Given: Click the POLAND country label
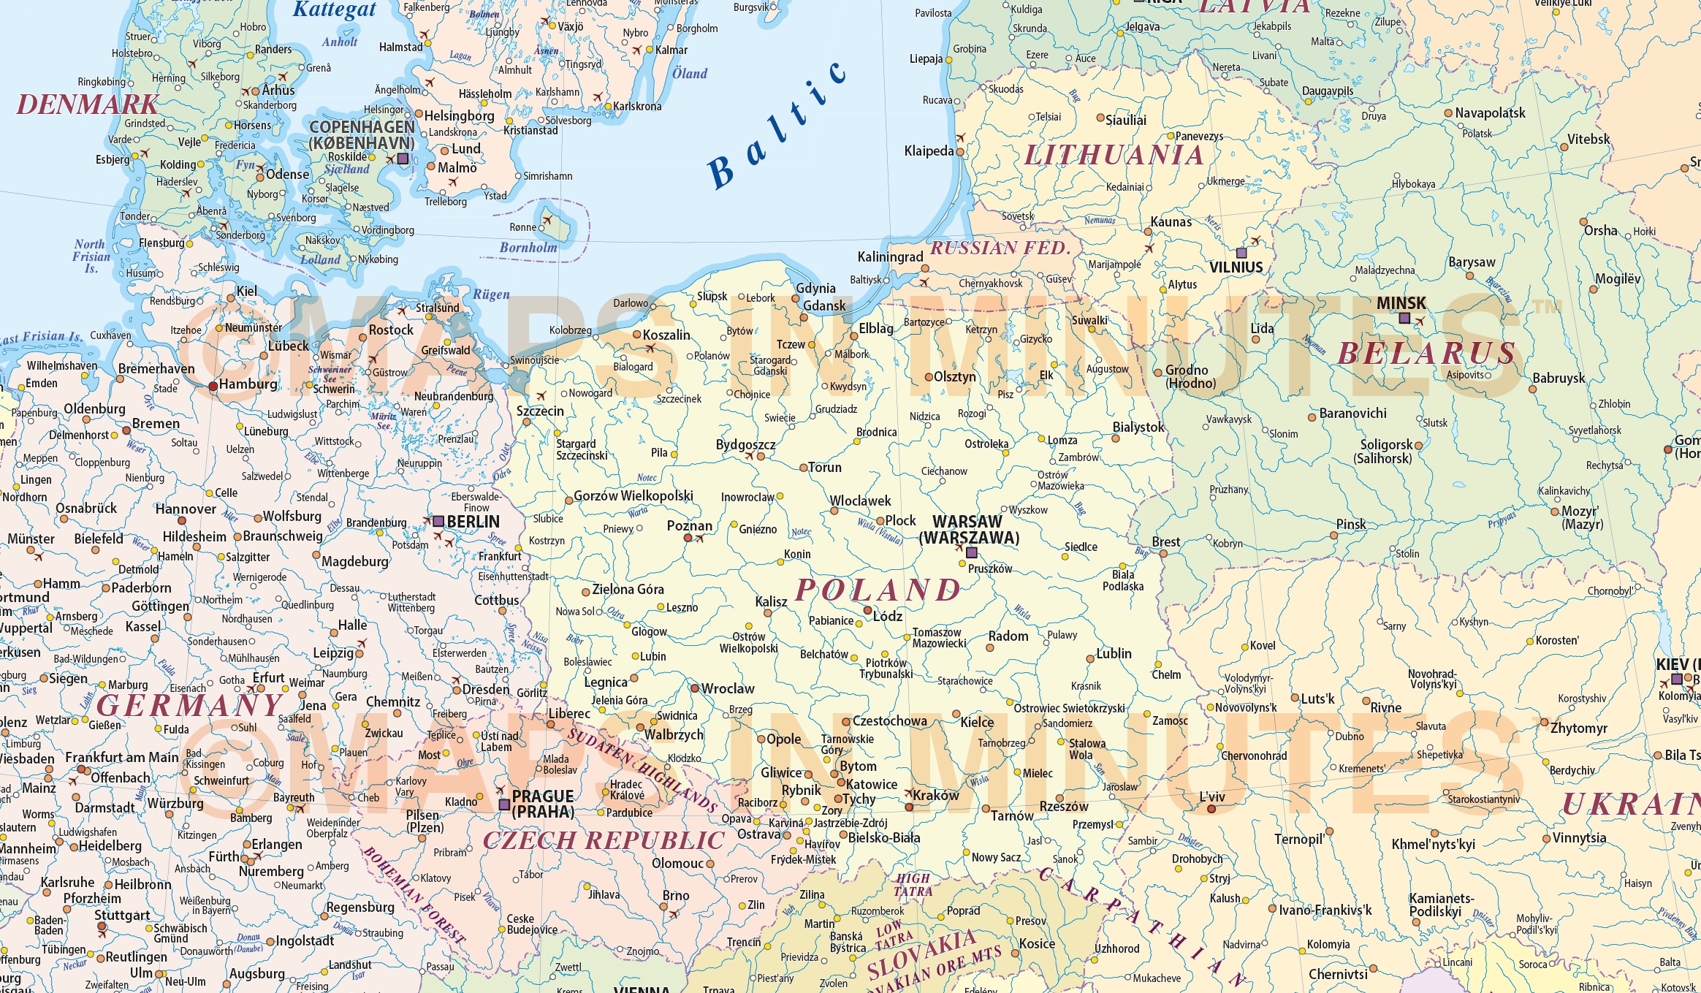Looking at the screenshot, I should click(878, 590).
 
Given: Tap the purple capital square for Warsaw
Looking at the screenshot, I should click(971, 552).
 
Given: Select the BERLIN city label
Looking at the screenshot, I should click(473, 522).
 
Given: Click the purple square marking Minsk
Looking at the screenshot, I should click(1404, 318).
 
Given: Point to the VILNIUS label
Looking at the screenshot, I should click(1236, 267).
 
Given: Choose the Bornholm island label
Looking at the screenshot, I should click(528, 248).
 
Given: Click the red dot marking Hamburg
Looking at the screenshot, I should click(213, 386).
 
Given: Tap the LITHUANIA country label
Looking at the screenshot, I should click(1114, 156).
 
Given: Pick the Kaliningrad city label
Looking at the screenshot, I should click(890, 257).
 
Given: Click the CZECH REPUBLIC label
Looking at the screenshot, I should click(604, 841).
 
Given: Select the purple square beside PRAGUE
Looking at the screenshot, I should click(504, 804).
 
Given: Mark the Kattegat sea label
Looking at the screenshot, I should click(334, 9).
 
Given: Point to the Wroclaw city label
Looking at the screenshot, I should click(728, 689).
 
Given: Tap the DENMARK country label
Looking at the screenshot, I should click(88, 105).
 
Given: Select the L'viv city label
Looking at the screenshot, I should click(1212, 797).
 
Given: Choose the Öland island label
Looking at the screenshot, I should click(690, 74).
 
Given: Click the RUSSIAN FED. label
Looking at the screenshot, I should click(1000, 248).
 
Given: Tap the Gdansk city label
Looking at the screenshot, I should click(824, 306).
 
